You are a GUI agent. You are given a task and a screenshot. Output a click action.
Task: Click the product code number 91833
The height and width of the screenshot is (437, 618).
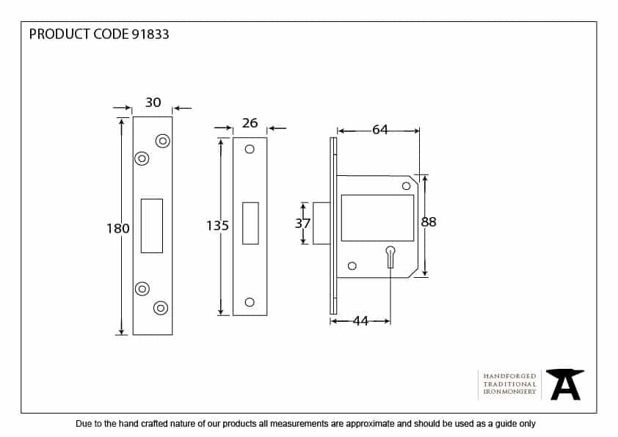pos(150,34)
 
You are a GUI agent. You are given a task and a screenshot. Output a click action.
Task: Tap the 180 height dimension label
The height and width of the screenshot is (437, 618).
pos(118,228)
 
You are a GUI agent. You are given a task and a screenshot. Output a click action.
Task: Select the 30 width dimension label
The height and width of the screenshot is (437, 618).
pos(153,103)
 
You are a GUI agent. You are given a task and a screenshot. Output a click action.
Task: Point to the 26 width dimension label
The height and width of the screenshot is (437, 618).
pos(250,123)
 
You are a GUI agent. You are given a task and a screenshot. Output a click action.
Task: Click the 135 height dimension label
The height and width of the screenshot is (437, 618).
pos(217,225)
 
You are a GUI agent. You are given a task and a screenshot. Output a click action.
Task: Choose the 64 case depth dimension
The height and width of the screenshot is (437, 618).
pos(380,130)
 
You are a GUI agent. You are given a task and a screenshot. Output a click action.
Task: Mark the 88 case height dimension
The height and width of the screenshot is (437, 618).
pos(429,222)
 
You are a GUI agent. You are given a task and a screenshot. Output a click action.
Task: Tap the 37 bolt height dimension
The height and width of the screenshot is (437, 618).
pos(302,224)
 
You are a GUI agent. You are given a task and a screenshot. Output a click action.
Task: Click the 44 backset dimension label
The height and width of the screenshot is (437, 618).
pos(360,321)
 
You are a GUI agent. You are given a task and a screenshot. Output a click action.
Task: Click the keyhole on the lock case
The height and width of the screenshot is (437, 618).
pos(390,257)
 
